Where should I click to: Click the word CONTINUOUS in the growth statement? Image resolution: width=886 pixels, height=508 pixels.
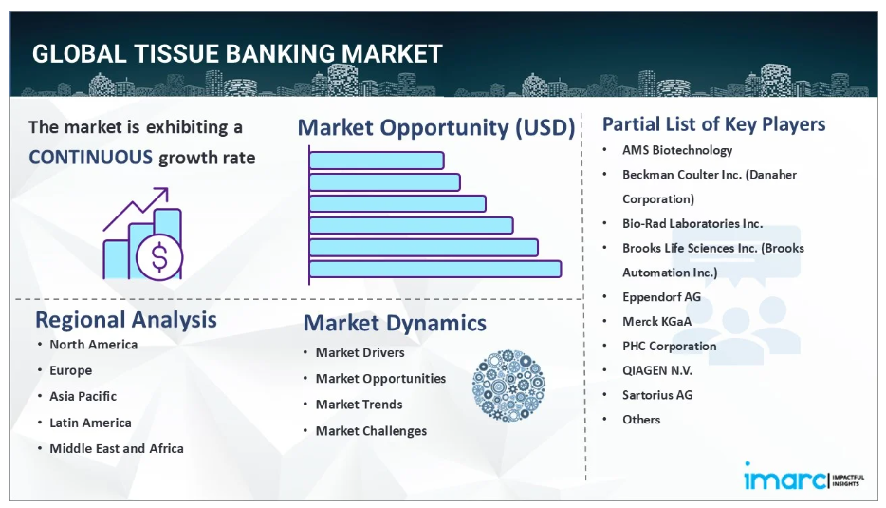(90, 157)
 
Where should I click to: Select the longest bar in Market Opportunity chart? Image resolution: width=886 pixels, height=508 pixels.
(435, 269)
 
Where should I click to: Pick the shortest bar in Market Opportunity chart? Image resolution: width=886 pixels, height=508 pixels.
(377, 160)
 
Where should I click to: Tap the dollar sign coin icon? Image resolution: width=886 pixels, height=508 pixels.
(159, 257)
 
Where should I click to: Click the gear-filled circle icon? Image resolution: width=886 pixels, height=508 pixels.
(508, 386)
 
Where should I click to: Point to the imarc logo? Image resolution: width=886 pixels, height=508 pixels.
(803, 477)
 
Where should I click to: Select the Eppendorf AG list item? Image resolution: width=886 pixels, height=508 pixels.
(661, 297)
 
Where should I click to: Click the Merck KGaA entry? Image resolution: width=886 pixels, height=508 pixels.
(656, 321)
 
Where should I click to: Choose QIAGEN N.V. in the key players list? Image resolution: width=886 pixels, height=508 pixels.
(657, 370)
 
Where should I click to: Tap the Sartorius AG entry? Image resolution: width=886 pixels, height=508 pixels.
(657, 395)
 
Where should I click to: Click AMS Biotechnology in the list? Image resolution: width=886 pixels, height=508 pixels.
(677, 150)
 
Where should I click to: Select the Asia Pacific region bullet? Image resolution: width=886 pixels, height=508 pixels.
(83, 396)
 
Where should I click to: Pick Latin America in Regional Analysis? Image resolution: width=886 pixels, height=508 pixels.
(90, 423)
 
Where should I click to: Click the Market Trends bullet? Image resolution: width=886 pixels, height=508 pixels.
(359, 405)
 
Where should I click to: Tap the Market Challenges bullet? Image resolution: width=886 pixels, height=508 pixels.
(371, 431)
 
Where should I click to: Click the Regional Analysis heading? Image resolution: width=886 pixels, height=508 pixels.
(126, 320)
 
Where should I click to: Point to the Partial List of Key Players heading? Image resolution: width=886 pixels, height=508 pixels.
(713, 124)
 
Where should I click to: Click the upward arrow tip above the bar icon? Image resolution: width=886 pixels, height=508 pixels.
(167, 189)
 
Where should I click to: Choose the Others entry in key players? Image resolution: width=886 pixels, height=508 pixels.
(641, 419)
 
